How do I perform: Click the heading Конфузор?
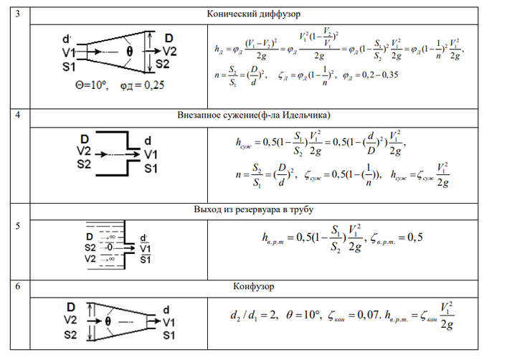tap(254, 286)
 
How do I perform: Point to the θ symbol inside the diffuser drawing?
tap(130, 52)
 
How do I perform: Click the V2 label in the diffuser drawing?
tap(169, 52)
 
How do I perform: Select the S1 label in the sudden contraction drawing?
tap(150, 168)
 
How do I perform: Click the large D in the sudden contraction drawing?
tap(87, 138)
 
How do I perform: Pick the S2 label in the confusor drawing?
tap(71, 335)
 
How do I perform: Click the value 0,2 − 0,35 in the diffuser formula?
tap(374, 75)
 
